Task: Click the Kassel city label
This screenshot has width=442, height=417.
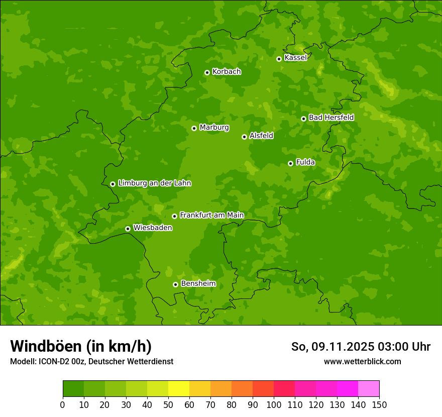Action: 295,58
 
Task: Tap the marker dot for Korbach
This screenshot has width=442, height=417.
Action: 207,72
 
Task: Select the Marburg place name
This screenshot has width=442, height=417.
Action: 214,128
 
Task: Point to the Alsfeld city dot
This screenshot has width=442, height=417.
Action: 244,137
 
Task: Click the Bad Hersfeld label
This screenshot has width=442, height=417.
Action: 331,118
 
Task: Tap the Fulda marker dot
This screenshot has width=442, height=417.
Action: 290,163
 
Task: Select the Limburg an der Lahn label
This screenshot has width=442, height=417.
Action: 154,183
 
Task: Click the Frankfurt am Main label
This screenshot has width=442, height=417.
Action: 211,215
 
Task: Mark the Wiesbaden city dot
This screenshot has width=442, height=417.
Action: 128,229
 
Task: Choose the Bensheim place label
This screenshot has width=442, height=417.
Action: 198,283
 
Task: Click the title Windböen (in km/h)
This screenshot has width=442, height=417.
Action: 81,346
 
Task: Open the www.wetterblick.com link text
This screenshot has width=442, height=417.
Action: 362,361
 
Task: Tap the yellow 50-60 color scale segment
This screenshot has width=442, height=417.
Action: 179,389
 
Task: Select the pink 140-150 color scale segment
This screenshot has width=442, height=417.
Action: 369,389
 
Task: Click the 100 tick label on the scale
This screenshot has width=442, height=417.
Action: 274,404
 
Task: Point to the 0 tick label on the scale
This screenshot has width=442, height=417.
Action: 63,404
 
